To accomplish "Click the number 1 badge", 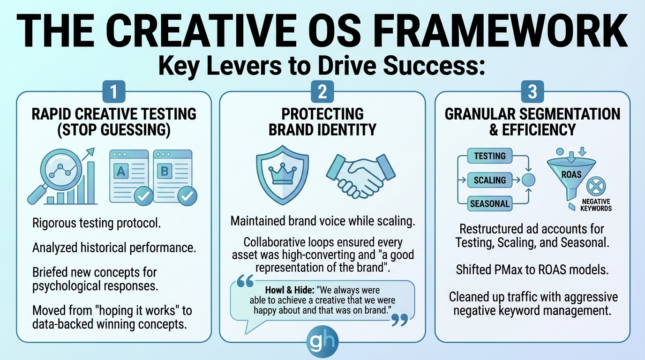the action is [114, 91].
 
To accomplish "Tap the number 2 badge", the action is [322, 91].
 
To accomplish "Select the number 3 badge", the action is [532, 91].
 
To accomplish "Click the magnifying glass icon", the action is [56, 173].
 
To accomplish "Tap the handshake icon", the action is [361, 176].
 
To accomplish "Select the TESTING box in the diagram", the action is [490, 156].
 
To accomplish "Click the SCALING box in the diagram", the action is [490, 180].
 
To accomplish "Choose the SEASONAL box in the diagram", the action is [490, 203].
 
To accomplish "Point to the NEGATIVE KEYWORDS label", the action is [596, 205].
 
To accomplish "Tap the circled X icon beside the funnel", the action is [596, 186].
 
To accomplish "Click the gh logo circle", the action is [322, 342].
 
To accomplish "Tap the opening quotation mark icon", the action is [245, 281].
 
